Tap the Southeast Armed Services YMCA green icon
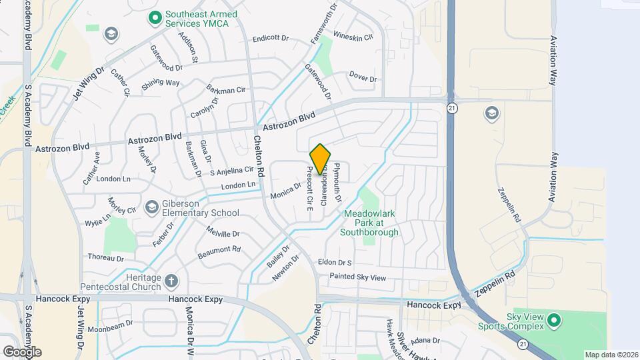155,17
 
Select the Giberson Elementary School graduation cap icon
151,208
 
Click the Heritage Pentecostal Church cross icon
171,281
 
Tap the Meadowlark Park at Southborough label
369,223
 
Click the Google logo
22,352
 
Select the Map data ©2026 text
611,355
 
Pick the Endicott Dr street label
273,39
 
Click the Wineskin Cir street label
353,37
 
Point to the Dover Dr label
363,78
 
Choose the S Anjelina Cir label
232,171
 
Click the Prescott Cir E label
310,189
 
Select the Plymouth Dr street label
338,183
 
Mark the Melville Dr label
223,234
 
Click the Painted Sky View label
358,277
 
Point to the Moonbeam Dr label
111,328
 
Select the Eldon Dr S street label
335,263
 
